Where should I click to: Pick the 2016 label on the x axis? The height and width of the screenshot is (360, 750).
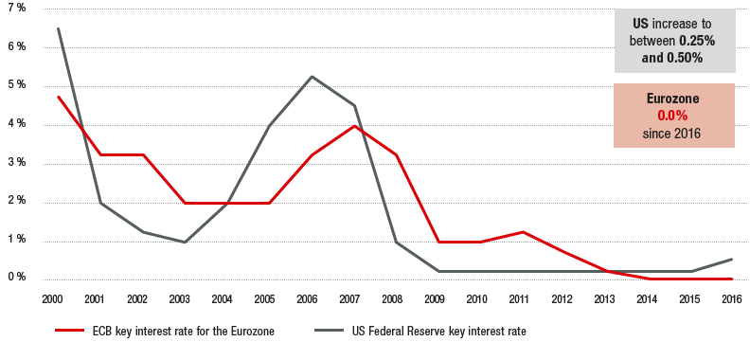tap(731, 299)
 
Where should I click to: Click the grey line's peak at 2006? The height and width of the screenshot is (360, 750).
tap(312, 77)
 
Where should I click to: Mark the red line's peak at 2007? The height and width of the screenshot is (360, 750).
tap(354, 126)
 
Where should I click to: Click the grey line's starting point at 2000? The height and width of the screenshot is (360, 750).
tap(59, 28)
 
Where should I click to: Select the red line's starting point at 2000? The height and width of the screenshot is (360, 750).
tap(59, 97)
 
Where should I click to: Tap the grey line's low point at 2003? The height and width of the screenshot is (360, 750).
tap(185, 242)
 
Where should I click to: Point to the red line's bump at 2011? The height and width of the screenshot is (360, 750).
tap(522, 231)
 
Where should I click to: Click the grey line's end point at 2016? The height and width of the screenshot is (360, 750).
tap(731, 260)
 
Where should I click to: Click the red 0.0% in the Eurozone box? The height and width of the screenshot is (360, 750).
tap(672, 116)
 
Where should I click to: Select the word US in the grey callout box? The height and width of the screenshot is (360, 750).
tap(642, 22)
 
